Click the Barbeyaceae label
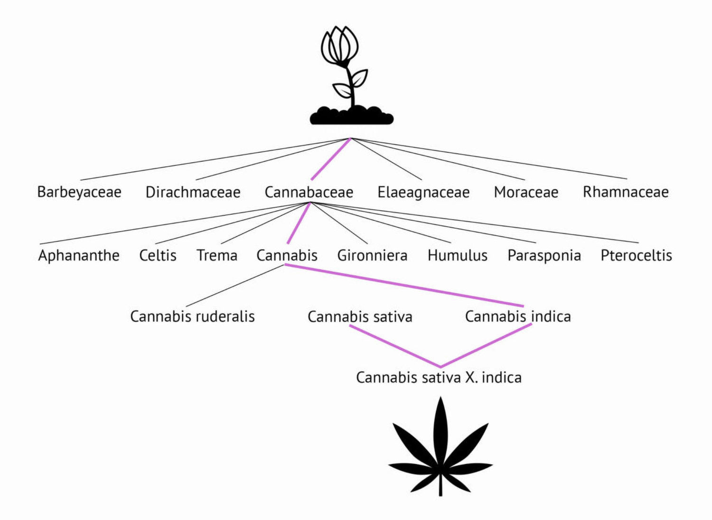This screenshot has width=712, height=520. click(x=79, y=192)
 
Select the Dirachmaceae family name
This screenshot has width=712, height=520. click(x=193, y=192)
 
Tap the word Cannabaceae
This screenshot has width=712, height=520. click(x=309, y=192)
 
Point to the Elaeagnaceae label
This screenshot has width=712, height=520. click(x=423, y=192)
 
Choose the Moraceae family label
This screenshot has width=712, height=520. click(x=526, y=192)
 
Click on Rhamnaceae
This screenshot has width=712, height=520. click(x=626, y=192)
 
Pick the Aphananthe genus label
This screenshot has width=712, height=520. click(x=78, y=256)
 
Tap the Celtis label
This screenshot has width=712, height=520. click(x=158, y=255)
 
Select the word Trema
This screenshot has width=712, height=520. click(x=217, y=255)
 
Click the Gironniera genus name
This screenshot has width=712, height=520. click(x=372, y=255)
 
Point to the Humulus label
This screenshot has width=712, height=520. click(x=458, y=255)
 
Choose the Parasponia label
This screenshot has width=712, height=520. click(x=544, y=256)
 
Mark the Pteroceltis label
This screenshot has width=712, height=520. click(x=636, y=255)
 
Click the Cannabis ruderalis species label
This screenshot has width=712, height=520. click(x=192, y=316)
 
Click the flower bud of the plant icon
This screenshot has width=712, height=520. click(x=339, y=45)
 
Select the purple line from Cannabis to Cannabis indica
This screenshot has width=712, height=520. click(x=404, y=285)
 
